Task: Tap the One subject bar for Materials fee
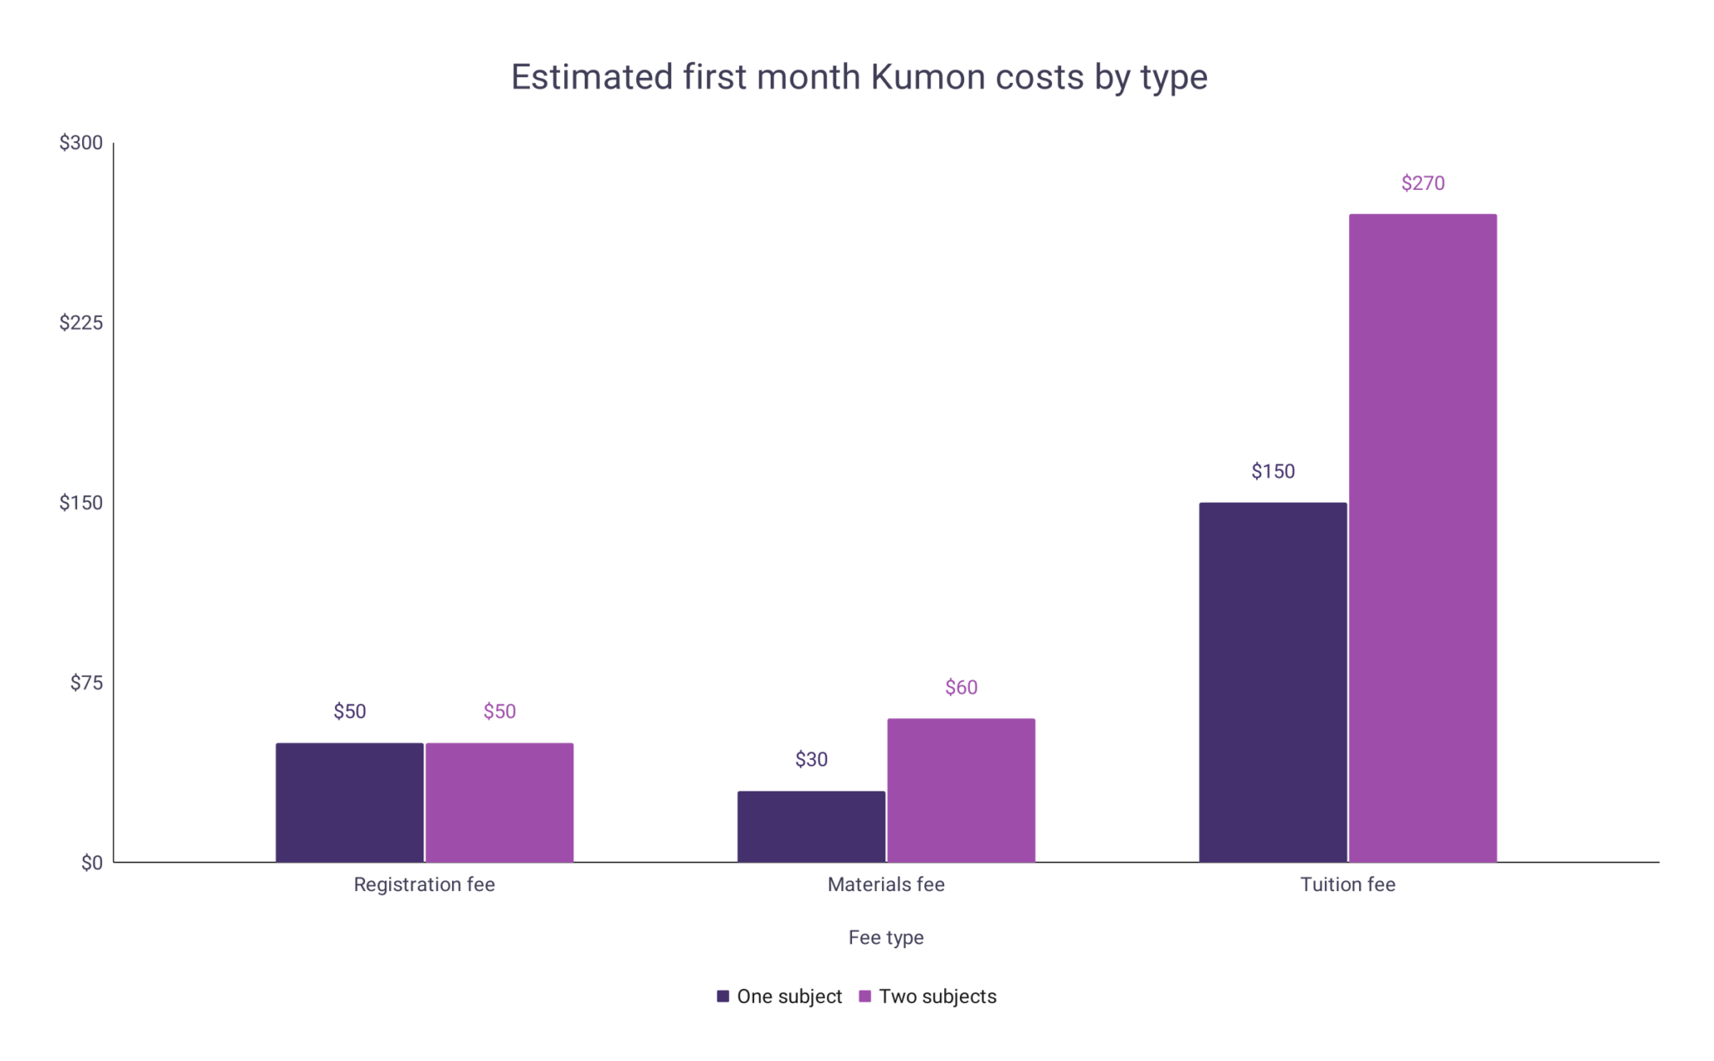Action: [811, 826]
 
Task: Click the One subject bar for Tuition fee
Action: [1272, 682]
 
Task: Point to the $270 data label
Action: [1422, 183]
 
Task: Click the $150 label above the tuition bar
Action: [1272, 471]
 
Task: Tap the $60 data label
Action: [961, 687]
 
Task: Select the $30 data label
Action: [811, 759]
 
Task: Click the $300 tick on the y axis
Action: [81, 143]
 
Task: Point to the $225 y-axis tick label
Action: [81, 323]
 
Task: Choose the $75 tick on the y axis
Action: [86, 683]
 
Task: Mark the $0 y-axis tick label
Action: [91, 863]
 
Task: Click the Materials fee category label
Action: [885, 884]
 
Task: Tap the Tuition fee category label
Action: [1347, 884]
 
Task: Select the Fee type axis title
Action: [885, 937]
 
